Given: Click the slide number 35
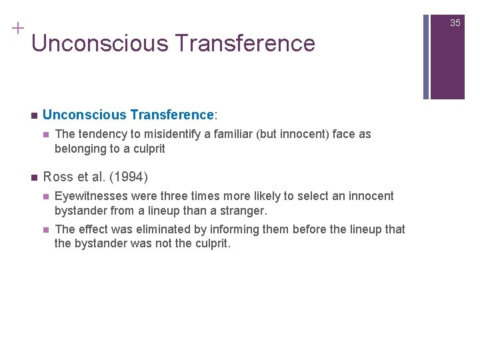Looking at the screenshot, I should click(455, 23).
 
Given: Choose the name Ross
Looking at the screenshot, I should click(57, 177).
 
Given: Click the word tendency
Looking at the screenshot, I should click(101, 134).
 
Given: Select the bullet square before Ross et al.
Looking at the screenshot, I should click(33, 178).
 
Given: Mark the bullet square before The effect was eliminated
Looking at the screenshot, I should click(45, 230).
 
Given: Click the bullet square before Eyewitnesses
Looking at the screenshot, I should click(45, 197).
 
